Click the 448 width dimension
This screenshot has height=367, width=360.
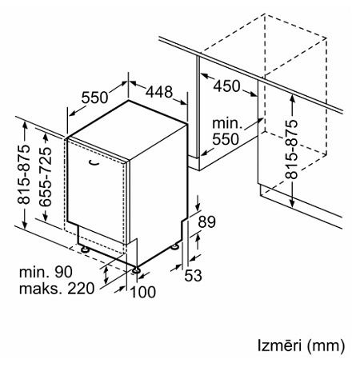pyautogui.click(x=159, y=92)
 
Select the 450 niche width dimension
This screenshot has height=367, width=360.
pyautogui.click(x=227, y=86)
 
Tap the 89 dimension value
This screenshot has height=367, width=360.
pyautogui.click(x=206, y=221)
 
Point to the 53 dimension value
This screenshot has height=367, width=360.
pyautogui.click(x=194, y=275)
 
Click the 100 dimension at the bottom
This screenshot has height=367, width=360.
pyautogui.click(x=143, y=292)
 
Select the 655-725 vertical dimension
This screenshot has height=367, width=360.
pyautogui.click(x=46, y=177)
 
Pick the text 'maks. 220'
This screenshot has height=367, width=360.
pyautogui.click(x=57, y=289)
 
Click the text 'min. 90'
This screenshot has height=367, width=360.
pyautogui.click(x=46, y=272)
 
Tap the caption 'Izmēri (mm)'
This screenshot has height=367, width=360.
pyautogui.click(x=302, y=345)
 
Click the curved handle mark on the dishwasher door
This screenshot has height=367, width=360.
pyautogui.click(x=94, y=163)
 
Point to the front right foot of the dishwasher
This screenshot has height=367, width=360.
pyautogui.click(x=137, y=270)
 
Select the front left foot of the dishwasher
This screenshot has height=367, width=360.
pyautogui.click(x=85, y=249)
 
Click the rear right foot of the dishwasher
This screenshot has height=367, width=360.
pyautogui.click(x=175, y=246)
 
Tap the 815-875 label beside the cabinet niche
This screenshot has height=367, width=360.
pyautogui.click(x=291, y=150)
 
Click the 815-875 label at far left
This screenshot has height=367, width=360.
pyautogui.click(x=23, y=174)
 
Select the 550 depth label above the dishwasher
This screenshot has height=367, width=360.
pyautogui.click(x=94, y=98)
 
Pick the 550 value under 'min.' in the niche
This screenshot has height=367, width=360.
pyautogui.click(x=226, y=139)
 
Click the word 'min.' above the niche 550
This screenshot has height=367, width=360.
pyautogui.click(x=227, y=123)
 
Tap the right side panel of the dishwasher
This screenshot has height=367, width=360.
pyautogui.click(x=158, y=197)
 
